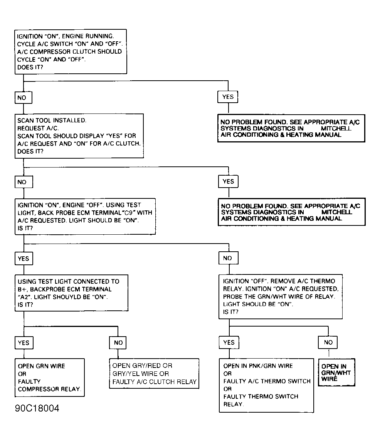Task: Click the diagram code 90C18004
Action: (37, 408)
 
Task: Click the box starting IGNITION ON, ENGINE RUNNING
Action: (70, 51)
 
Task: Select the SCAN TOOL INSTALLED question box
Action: (79, 135)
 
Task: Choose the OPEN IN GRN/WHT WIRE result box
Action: (336, 373)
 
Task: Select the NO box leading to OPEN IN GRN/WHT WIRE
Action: (328, 342)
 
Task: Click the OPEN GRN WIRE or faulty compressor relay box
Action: (49, 378)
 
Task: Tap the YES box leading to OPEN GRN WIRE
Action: (24, 342)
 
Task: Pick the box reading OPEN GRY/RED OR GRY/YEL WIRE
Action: (154, 374)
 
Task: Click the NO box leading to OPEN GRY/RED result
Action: (118, 342)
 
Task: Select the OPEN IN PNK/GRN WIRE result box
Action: (266, 385)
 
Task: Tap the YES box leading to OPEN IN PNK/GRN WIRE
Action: (229, 342)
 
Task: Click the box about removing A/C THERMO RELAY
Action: (281, 296)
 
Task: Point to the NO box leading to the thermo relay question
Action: (227, 258)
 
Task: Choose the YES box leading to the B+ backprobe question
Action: (24, 258)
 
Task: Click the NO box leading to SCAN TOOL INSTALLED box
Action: (22, 98)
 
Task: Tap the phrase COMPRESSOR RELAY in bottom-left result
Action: (49, 389)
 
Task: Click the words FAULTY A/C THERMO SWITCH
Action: (267, 381)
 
